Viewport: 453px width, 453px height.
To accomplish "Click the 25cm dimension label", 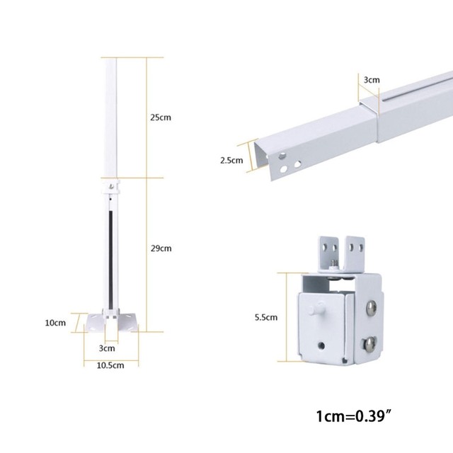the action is click(161, 117).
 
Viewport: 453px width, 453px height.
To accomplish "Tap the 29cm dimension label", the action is click(161, 248).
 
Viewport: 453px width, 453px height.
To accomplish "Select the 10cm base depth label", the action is click(55, 323).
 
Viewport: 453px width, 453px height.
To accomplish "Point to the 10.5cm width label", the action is click(110, 365).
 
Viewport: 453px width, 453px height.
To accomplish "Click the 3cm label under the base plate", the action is click(107, 348).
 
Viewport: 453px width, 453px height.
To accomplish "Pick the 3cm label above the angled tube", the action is click(372, 80).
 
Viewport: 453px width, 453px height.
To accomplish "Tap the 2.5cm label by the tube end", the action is click(231, 161).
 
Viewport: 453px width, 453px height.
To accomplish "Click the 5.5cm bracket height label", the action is click(266, 317).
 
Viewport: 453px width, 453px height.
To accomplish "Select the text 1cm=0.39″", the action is click(354, 416).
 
